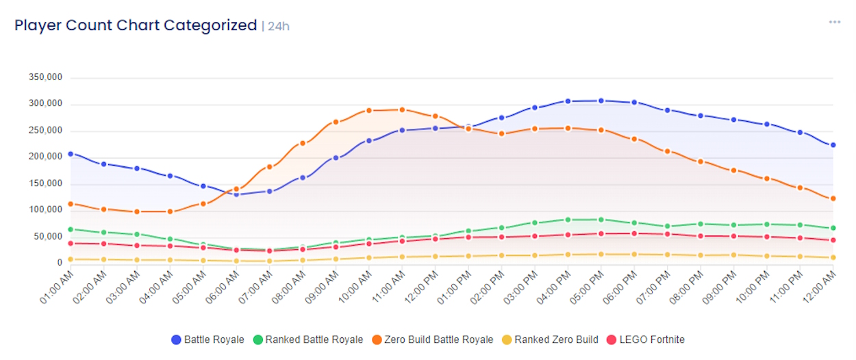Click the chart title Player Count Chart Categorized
pyautogui.click(x=136, y=26)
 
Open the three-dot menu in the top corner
pyautogui.click(x=834, y=22)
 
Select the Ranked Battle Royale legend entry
pyautogui.click(x=307, y=339)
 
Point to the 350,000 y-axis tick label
pyautogui.click(x=46, y=78)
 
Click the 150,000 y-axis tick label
pyautogui.click(x=46, y=184)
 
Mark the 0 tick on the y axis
pyautogui.click(x=60, y=263)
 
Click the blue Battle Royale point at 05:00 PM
pyautogui.click(x=601, y=101)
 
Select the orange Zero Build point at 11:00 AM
pyautogui.click(x=402, y=110)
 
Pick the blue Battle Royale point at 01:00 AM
pyautogui.click(x=71, y=154)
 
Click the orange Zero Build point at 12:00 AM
pyautogui.click(x=833, y=198)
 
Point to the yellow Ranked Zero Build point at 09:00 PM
pyautogui.click(x=733, y=255)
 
